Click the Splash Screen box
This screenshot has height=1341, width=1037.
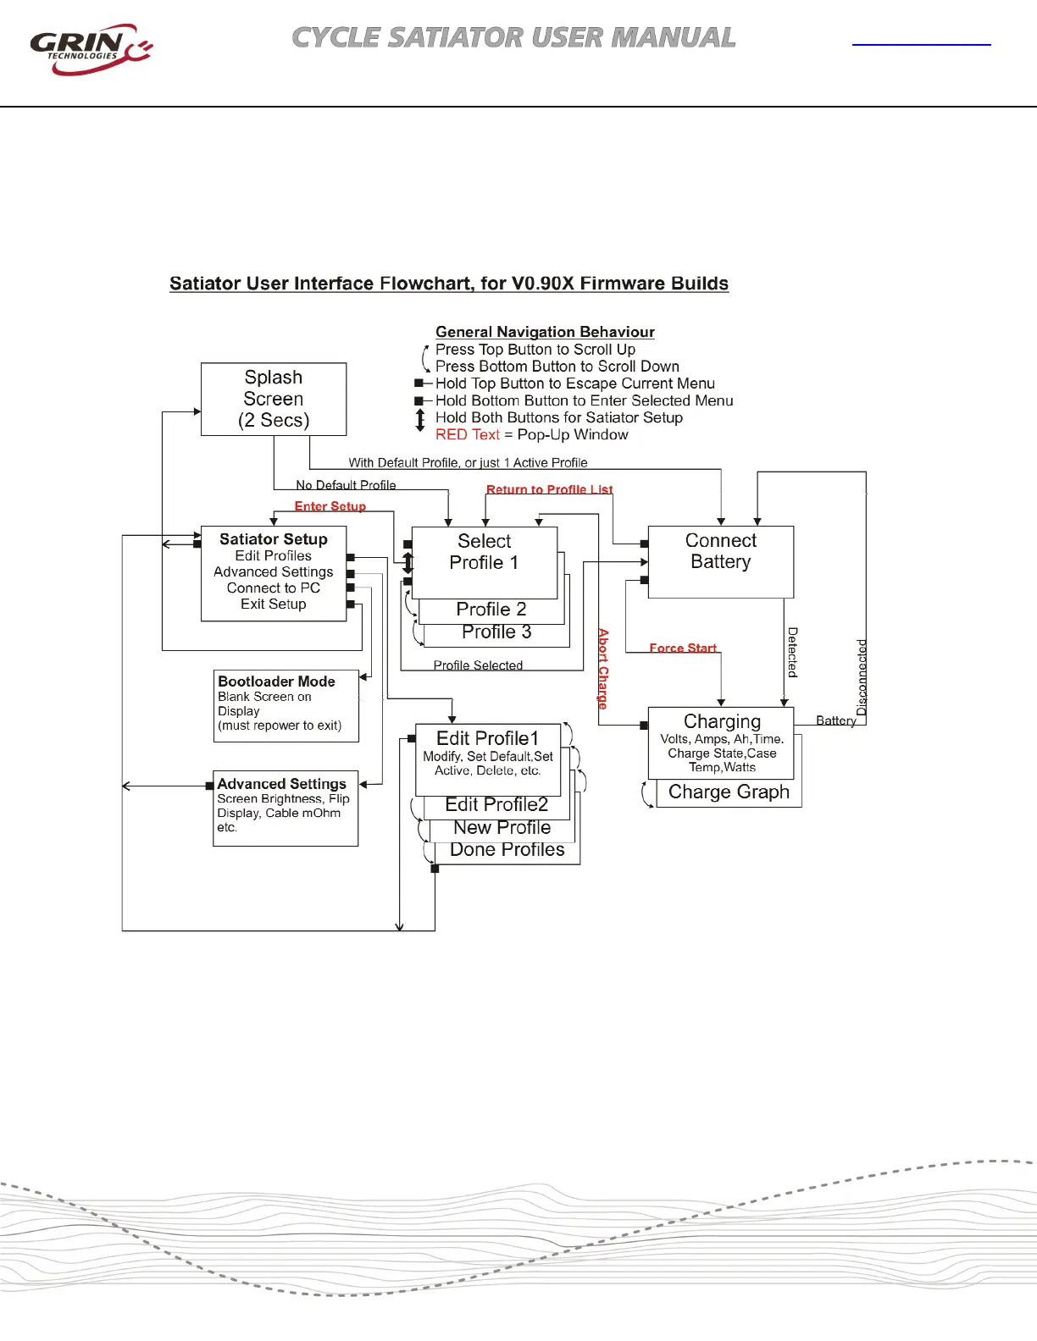pos(274,399)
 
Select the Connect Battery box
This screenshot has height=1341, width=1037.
pos(720,561)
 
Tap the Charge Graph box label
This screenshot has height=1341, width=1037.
pos(729,792)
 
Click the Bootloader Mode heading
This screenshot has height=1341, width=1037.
pos(276,682)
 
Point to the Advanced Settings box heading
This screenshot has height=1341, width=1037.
pos(281,784)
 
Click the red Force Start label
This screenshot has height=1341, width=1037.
pos(683,648)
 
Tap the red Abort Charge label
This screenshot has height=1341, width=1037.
pos(603,668)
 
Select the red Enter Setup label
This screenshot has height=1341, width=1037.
pos(330,506)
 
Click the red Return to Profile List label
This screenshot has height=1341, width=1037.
pos(549,489)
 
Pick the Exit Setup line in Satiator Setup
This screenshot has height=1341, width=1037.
pos(273,604)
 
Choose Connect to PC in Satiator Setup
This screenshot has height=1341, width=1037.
pos(273,588)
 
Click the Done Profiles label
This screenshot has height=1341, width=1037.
pos(507,850)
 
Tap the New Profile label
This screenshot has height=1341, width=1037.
pos(502,827)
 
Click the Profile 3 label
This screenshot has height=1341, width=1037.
pos(496,632)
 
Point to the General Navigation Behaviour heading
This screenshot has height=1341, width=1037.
pos(545,332)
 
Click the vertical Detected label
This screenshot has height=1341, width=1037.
pos(793,652)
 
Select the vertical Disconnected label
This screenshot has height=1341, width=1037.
pos(862,677)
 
